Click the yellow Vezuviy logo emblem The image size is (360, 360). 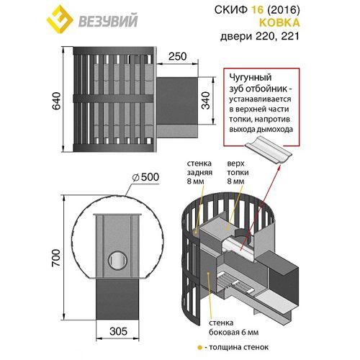pyautogui.click(x=60, y=19)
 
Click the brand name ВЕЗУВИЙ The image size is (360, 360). pyautogui.click(x=108, y=21)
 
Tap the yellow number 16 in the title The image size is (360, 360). pyautogui.click(x=257, y=9)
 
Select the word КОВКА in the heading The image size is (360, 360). pyautogui.click(x=279, y=23)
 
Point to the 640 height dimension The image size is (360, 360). pyautogui.click(x=57, y=101)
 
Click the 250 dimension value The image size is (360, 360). pyautogui.click(x=177, y=56)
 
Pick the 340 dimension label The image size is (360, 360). pyautogui.click(x=206, y=101)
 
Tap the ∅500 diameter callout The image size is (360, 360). pyautogui.click(x=145, y=177)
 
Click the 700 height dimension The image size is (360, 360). pyautogui.click(x=56, y=258)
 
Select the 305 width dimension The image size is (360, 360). pyautogui.click(x=118, y=331)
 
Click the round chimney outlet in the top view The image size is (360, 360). pyautogui.click(x=117, y=260)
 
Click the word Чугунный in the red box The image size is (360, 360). pyautogui.click(x=251, y=77)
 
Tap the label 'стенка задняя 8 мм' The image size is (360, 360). pyautogui.click(x=199, y=172)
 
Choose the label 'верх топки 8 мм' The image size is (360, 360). pyautogui.click(x=238, y=172)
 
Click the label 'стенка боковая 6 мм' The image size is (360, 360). pyautogui.click(x=234, y=328)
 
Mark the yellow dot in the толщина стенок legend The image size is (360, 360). pyautogui.click(x=199, y=348)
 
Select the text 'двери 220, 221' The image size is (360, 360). pyautogui.click(x=260, y=37)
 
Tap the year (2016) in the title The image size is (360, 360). pyautogui.click(x=283, y=9)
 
